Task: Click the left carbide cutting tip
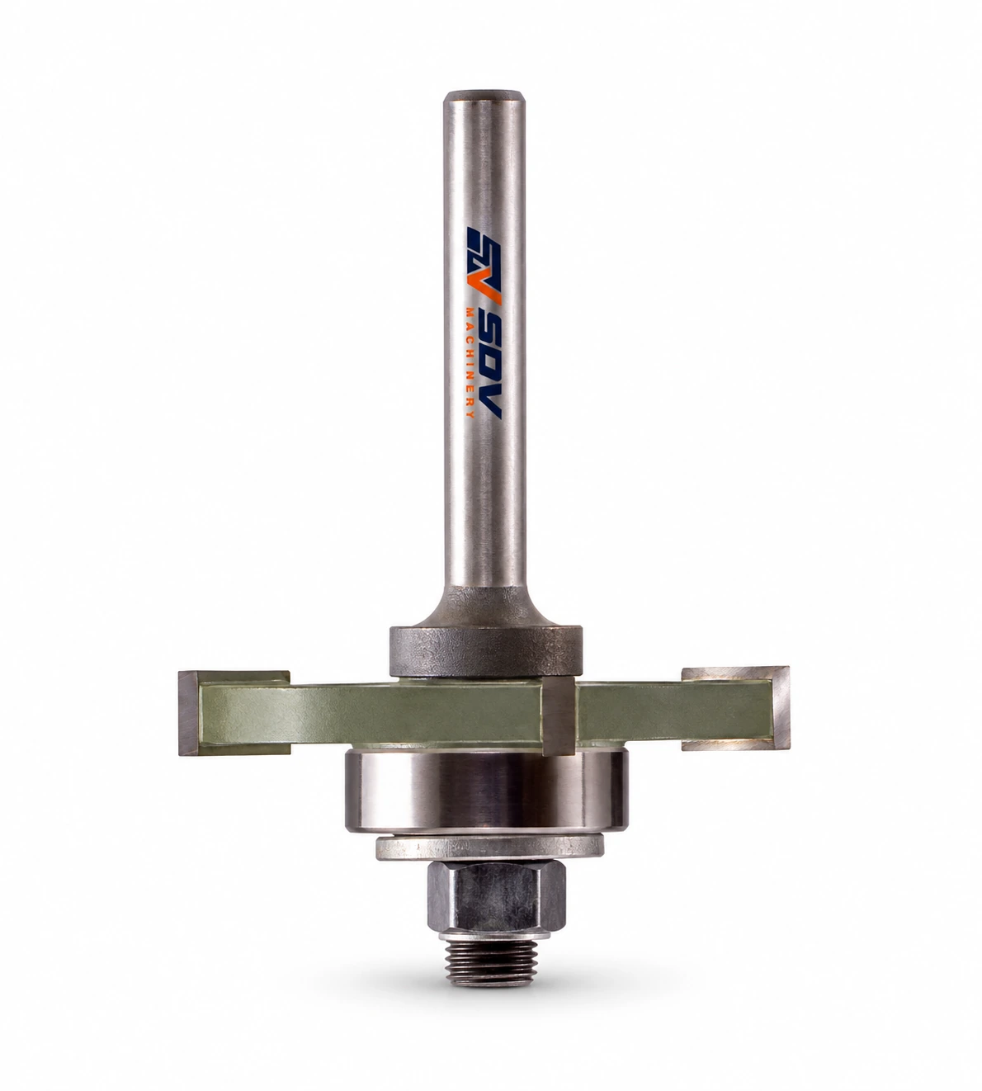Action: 189,713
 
